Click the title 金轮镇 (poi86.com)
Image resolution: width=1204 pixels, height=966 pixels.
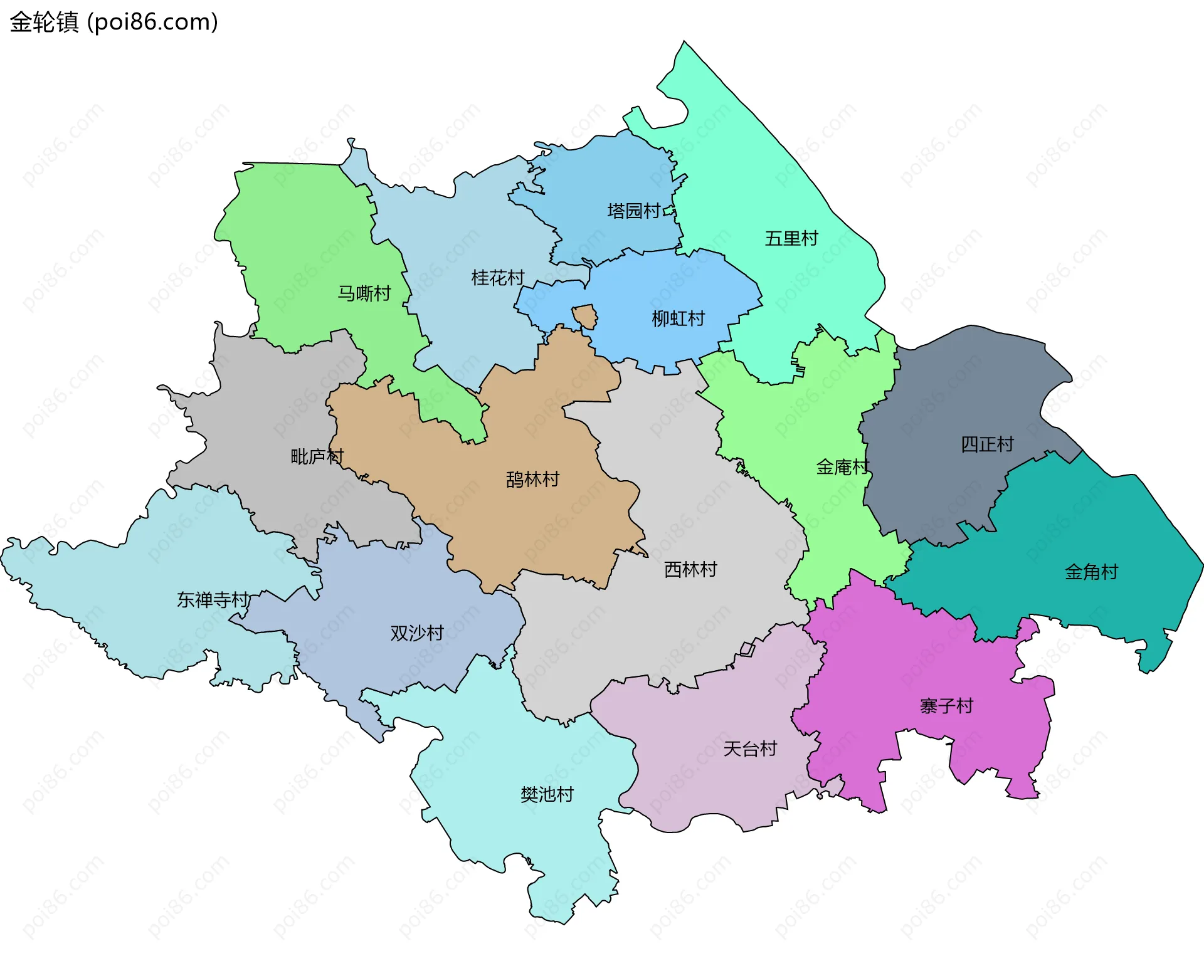pos(114,22)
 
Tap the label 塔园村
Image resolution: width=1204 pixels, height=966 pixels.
pos(633,211)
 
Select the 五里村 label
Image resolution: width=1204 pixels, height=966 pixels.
pos(791,239)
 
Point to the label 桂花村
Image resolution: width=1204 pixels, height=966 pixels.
pos(497,278)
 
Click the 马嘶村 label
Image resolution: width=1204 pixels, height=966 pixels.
pos(364,293)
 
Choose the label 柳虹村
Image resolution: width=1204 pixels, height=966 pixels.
pos(678,319)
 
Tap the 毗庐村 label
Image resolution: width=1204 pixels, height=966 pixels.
pos(317,456)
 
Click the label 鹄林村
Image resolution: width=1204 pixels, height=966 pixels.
pos(532,480)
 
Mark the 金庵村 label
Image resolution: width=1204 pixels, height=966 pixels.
pos(842,467)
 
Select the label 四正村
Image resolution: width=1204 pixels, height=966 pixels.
pos(987,444)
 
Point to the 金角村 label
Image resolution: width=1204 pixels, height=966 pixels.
pos(1091,572)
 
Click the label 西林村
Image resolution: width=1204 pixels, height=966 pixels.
pos(690,569)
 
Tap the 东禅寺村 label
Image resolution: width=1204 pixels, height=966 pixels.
pos(213,600)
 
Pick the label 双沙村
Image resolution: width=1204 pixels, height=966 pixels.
pos(417,633)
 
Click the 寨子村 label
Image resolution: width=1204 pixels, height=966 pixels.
pos(946,706)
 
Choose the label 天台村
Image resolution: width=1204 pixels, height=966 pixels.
pos(750,748)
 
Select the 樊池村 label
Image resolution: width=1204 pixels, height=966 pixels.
pos(547,795)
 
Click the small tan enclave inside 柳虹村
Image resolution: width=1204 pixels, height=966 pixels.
pos(586,317)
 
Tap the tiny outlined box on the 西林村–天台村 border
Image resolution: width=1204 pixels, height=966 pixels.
pos(747,649)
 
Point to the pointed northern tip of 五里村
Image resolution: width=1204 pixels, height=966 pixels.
pos(684,43)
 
